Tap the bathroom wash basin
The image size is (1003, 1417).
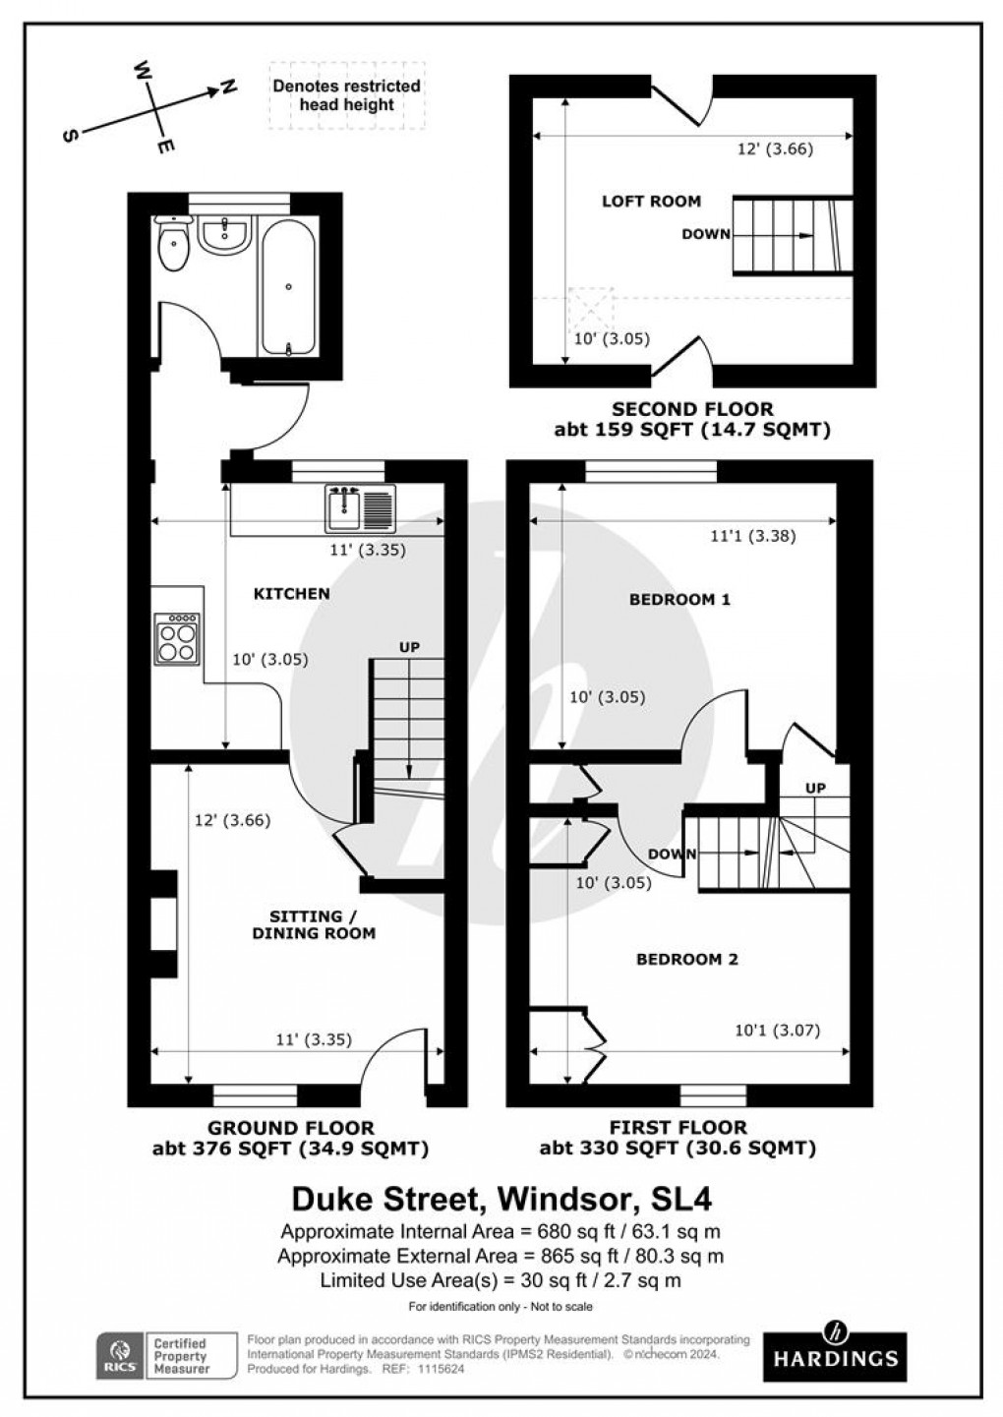click(x=225, y=235)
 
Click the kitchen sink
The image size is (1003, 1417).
click(x=359, y=505)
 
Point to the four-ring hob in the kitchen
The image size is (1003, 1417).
click(x=176, y=639)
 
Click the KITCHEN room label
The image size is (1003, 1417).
click(x=291, y=593)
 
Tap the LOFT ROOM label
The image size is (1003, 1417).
click(x=651, y=201)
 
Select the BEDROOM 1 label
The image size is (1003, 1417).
click(x=680, y=599)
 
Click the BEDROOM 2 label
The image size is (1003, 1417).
click(x=686, y=959)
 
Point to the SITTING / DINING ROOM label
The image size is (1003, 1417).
click(x=314, y=924)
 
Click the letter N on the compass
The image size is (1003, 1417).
click(x=228, y=88)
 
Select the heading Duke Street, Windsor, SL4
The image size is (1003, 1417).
click(x=501, y=1200)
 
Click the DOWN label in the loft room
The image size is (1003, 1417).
click(x=706, y=234)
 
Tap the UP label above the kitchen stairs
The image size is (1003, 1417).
click(x=409, y=647)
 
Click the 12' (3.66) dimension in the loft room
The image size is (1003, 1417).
click(x=776, y=149)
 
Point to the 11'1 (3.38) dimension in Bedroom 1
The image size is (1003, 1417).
click(x=752, y=536)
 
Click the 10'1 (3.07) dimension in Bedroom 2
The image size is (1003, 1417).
click(x=777, y=1031)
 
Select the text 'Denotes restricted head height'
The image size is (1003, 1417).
click(x=346, y=95)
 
